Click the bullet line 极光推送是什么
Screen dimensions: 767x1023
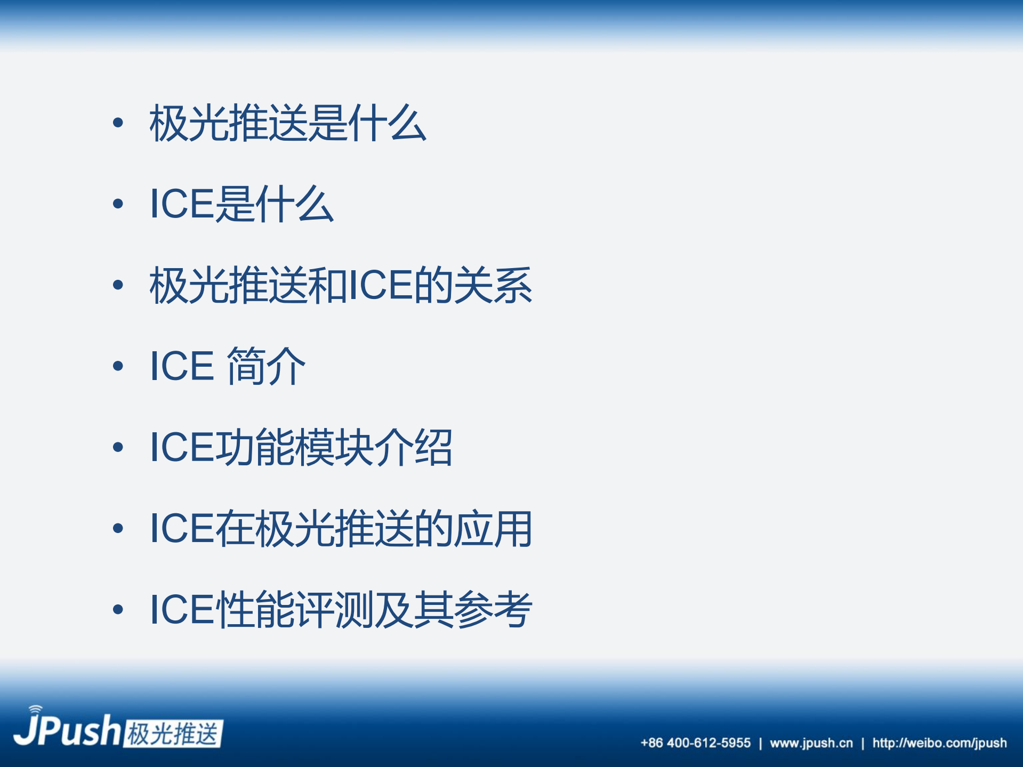point(288,124)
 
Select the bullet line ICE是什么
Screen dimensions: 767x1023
point(241,204)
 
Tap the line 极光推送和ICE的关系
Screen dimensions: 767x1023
point(341,286)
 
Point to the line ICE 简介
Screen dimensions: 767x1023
point(228,366)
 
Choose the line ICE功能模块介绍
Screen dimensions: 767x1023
point(301,448)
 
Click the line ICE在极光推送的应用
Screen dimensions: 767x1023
point(341,529)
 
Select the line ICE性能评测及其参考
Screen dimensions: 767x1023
point(341,610)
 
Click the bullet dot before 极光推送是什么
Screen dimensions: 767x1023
point(118,123)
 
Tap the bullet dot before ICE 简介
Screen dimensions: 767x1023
point(118,366)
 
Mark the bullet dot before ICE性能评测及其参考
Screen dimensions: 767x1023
point(118,609)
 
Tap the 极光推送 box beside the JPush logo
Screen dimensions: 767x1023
point(173,734)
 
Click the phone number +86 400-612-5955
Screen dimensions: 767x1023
point(696,743)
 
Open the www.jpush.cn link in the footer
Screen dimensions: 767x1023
point(811,743)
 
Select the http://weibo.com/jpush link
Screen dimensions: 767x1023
point(939,743)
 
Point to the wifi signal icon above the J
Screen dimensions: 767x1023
point(35,709)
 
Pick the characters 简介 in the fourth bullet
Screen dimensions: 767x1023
point(266,366)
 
